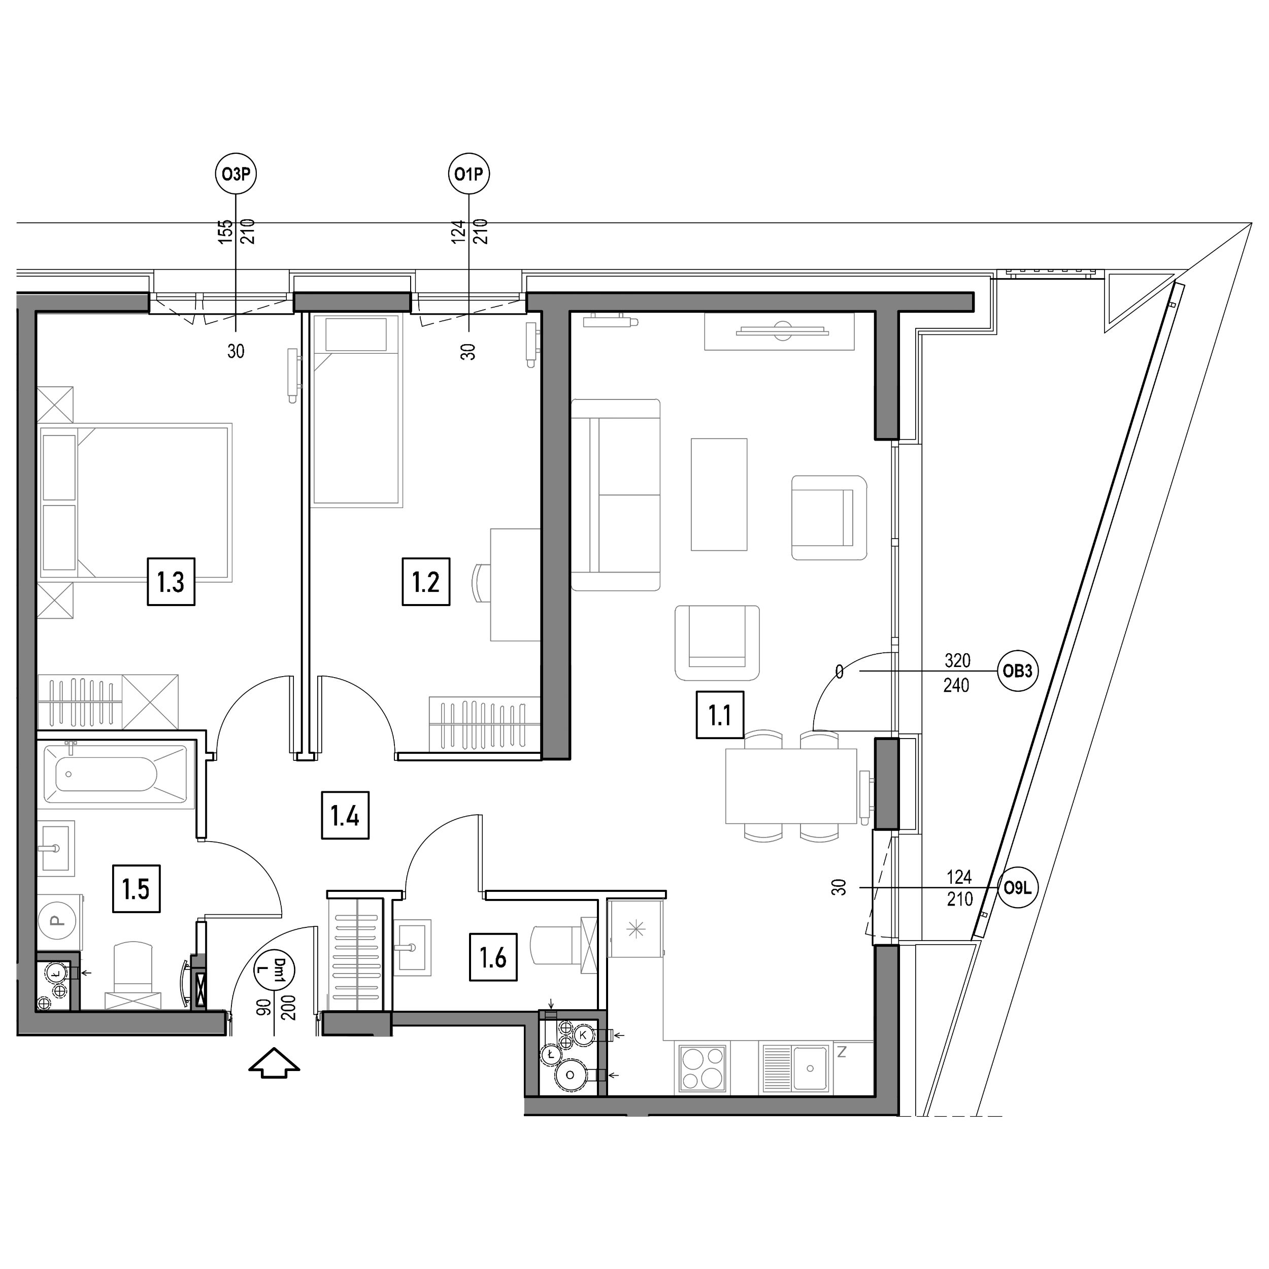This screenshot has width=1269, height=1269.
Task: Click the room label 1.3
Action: (171, 581)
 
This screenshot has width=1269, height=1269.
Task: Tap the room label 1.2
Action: (426, 581)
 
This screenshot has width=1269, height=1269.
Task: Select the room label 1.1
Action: (720, 715)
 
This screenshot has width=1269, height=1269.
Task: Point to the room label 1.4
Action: (345, 815)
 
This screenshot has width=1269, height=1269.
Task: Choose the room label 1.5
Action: (136, 889)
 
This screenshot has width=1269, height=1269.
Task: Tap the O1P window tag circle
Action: (469, 174)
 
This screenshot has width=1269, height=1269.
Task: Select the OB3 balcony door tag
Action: (1017, 671)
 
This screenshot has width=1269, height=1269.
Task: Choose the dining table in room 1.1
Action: (791, 786)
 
